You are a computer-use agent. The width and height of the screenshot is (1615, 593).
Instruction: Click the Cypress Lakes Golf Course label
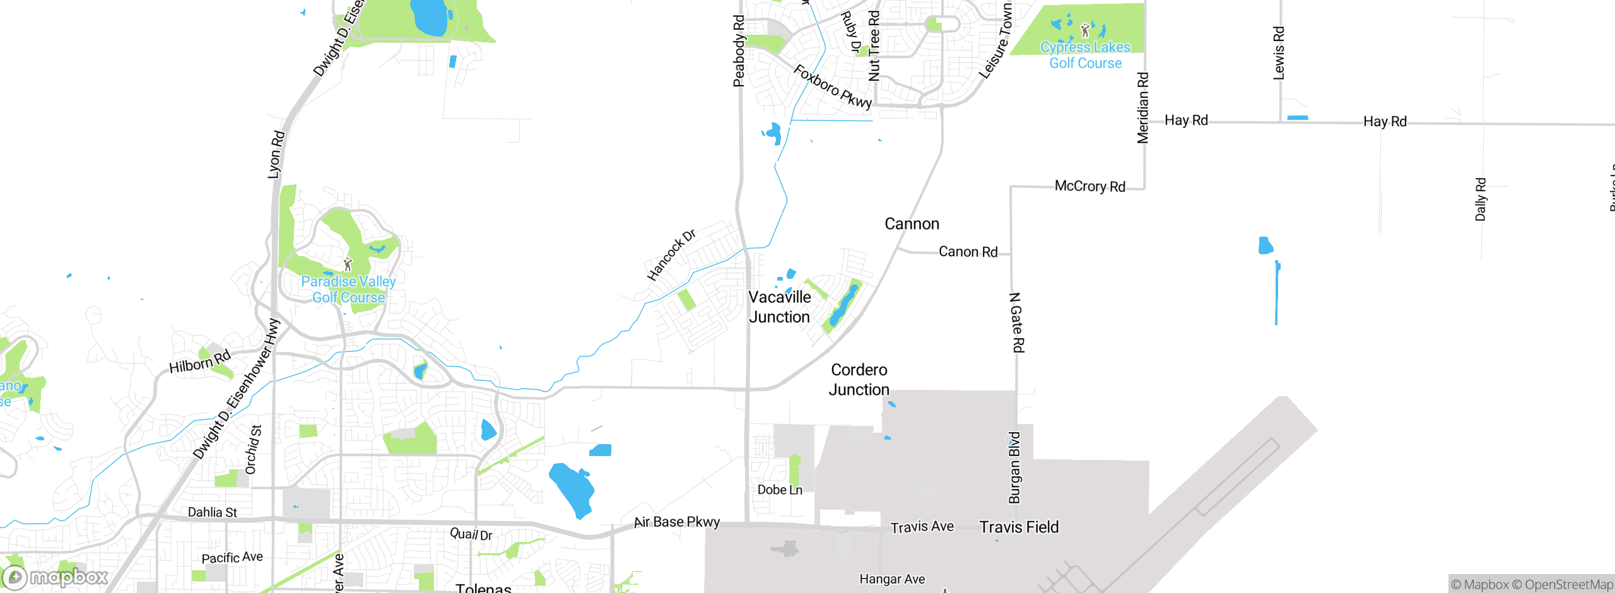pos(1085,55)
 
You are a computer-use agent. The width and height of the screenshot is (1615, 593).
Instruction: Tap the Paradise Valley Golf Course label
pos(348,290)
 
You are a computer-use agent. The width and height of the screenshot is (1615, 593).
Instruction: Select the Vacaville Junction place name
pos(780,307)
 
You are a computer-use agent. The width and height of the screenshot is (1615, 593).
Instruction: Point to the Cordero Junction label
pos(859,380)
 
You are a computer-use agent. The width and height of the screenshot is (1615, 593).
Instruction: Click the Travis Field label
pos(1019,527)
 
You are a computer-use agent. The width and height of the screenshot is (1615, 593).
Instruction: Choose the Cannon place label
pos(912,224)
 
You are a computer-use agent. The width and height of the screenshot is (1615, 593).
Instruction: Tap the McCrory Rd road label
pos(1089,186)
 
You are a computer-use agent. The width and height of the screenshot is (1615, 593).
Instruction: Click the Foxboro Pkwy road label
pos(832,86)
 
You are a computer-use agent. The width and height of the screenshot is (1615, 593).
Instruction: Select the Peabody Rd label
pos(739,51)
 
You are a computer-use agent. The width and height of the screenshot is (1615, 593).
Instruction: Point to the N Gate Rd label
pos(1017,322)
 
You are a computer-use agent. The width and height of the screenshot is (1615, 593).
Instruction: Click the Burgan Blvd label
pos(1014,467)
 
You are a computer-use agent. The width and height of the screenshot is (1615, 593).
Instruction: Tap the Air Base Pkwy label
pos(676,522)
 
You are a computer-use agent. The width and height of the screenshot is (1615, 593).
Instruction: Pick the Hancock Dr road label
pos(671,255)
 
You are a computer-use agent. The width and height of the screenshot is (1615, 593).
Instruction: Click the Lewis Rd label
pos(1279,53)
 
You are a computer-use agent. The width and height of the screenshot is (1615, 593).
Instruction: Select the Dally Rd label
pos(1480,199)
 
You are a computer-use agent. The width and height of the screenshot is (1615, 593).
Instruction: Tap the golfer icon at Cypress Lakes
pos(1085,30)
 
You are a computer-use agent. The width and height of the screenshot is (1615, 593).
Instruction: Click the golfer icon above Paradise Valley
pos(348,264)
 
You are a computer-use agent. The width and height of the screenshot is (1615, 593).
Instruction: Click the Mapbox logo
pos(56,577)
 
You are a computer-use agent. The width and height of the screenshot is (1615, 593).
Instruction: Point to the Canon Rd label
pos(968,252)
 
